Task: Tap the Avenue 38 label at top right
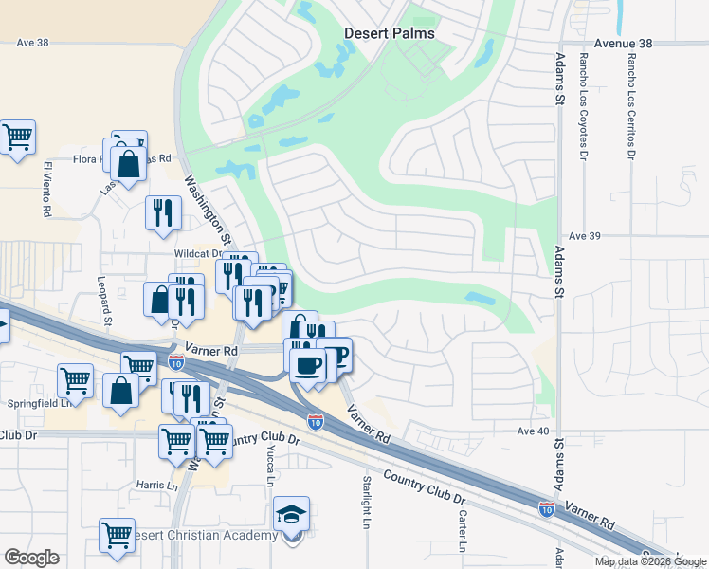click(624, 44)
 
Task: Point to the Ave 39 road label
click(586, 235)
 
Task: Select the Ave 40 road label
click(533, 431)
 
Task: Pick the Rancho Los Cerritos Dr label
click(631, 105)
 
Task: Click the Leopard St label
click(107, 307)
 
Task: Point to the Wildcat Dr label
click(196, 254)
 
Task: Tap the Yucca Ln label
click(270, 466)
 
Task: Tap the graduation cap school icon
click(292, 516)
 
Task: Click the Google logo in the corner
click(31, 558)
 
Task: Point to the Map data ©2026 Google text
click(649, 561)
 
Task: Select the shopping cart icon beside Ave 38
click(17, 138)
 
